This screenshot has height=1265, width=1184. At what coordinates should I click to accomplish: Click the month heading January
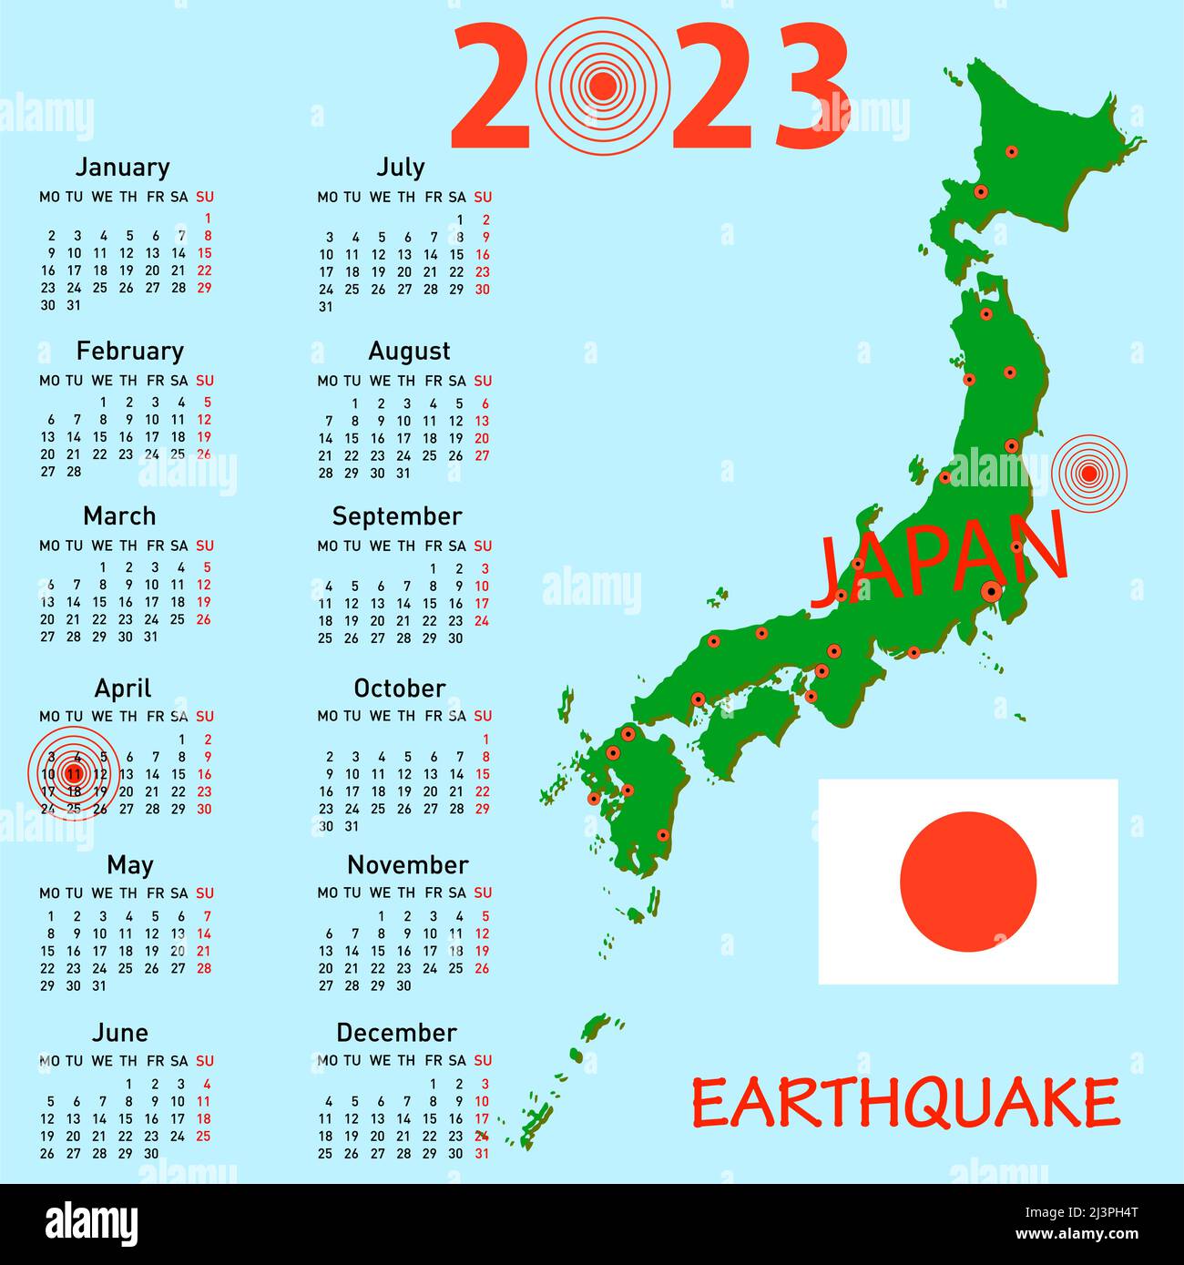[x=122, y=168]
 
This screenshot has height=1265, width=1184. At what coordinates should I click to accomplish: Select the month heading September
[x=397, y=516]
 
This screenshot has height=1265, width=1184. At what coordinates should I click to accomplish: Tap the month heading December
[x=396, y=1033]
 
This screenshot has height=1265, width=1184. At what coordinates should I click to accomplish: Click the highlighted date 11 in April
[x=75, y=774]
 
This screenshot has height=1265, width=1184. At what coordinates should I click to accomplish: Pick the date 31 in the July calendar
[x=326, y=307]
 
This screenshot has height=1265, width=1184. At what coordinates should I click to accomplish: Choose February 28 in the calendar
[x=75, y=472]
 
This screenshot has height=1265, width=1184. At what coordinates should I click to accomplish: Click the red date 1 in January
[x=208, y=219]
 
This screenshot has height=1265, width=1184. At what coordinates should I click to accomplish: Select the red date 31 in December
[x=482, y=1153]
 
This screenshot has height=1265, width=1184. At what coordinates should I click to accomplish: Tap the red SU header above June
[x=205, y=1061]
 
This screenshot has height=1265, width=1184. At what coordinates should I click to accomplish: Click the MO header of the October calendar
[x=327, y=717]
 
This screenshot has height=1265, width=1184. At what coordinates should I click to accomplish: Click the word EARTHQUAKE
[x=905, y=1103]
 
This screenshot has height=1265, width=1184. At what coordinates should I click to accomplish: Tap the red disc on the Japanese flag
[x=968, y=882]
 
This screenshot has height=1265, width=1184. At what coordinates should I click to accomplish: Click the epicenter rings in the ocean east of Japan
[x=1088, y=473]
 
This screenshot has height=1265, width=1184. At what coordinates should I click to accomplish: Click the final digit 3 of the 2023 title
[x=812, y=87]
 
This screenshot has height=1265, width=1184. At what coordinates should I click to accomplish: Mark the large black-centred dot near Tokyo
[x=992, y=591]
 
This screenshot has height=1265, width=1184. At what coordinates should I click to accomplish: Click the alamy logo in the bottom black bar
[x=92, y=1224]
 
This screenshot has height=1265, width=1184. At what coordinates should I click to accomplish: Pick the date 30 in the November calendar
[x=403, y=986]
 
